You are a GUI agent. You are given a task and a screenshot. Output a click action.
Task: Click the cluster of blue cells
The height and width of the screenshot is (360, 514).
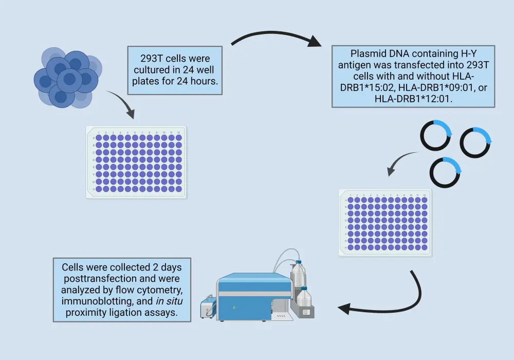pyautogui.click(x=66, y=77)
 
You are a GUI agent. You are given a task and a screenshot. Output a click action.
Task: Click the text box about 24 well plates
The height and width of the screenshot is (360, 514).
pyautogui.click(x=175, y=69)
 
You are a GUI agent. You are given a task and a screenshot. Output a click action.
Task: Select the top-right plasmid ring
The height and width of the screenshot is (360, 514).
pyautogui.click(x=476, y=142)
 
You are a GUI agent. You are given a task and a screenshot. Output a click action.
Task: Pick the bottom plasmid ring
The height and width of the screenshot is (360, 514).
pyautogui.click(x=444, y=172)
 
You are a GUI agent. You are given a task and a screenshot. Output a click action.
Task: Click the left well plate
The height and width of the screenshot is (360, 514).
pyautogui.click(x=136, y=162)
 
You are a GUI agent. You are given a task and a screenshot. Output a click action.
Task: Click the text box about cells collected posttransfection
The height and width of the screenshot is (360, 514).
pyautogui.click(x=121, y=290)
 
